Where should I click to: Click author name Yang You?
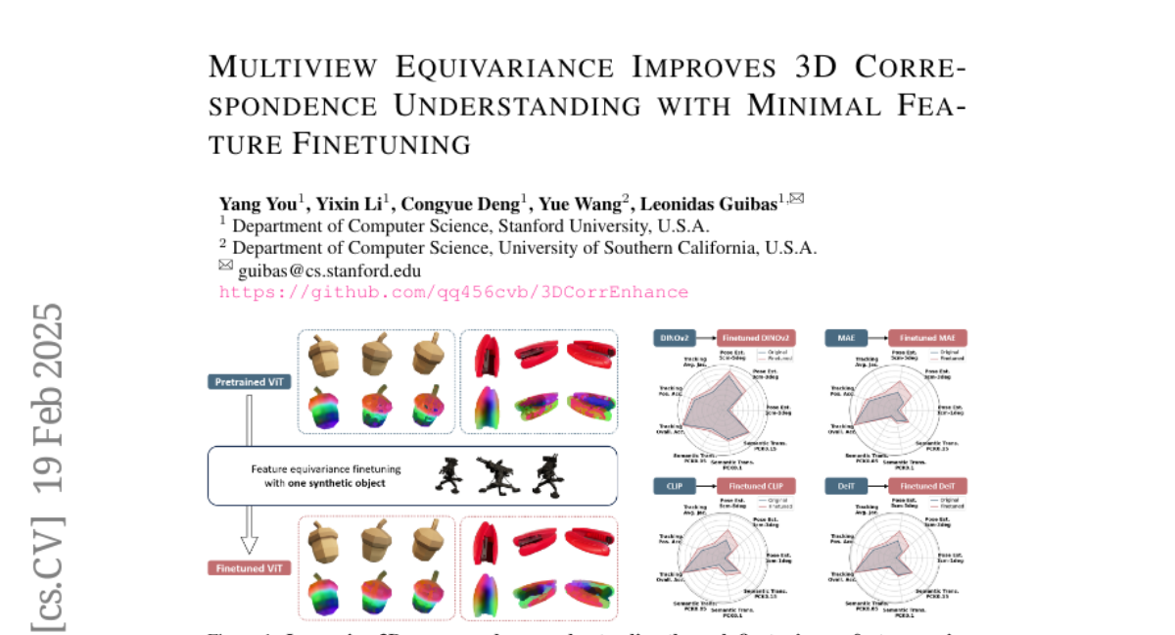click(x=258, y=204)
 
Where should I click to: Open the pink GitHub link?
click(x=453, y=292)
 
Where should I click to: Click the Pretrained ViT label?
click(x=250, y=381)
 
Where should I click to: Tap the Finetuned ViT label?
click(x=250, y=567)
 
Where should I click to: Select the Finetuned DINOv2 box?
click(x=756, y=337)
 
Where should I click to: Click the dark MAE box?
click(x=846, y=337)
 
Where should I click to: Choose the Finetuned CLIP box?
click(x=756, y=486)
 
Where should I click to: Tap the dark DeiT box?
click(x=846, y=486)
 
